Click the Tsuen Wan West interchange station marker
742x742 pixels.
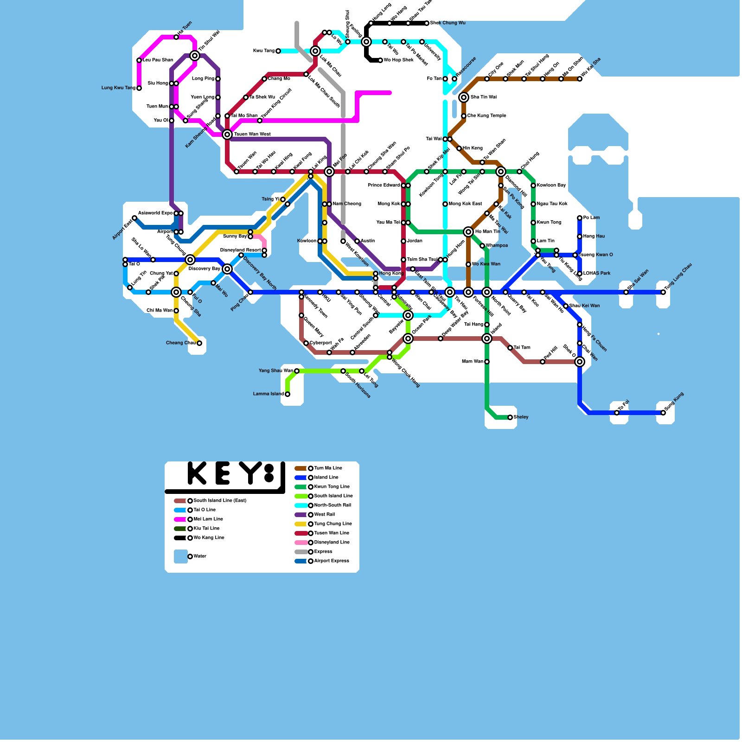point(227,134)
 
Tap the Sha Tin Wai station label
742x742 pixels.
point(483,97)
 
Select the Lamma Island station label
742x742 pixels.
point(268,394)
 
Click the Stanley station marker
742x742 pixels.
point(510,417)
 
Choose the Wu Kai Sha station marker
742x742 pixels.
point(580,79)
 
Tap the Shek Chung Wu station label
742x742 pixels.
point(448,23)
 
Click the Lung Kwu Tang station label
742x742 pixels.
point(118,88)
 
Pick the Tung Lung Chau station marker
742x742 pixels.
point(663,292)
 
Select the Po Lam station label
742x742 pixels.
point(591,218)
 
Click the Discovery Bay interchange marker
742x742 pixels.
point(227,269)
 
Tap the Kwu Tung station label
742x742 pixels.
point(263,51)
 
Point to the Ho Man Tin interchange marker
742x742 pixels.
point(468,232)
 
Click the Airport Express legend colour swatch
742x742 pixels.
point(301,561)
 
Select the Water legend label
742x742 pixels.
point(200,556)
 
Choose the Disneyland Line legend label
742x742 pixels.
point(332,543)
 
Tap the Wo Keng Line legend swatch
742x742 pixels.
point(180,538)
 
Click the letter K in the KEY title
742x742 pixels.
point(197,473)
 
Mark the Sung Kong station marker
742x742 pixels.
point(663,413)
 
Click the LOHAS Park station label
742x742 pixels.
point(596,274)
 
